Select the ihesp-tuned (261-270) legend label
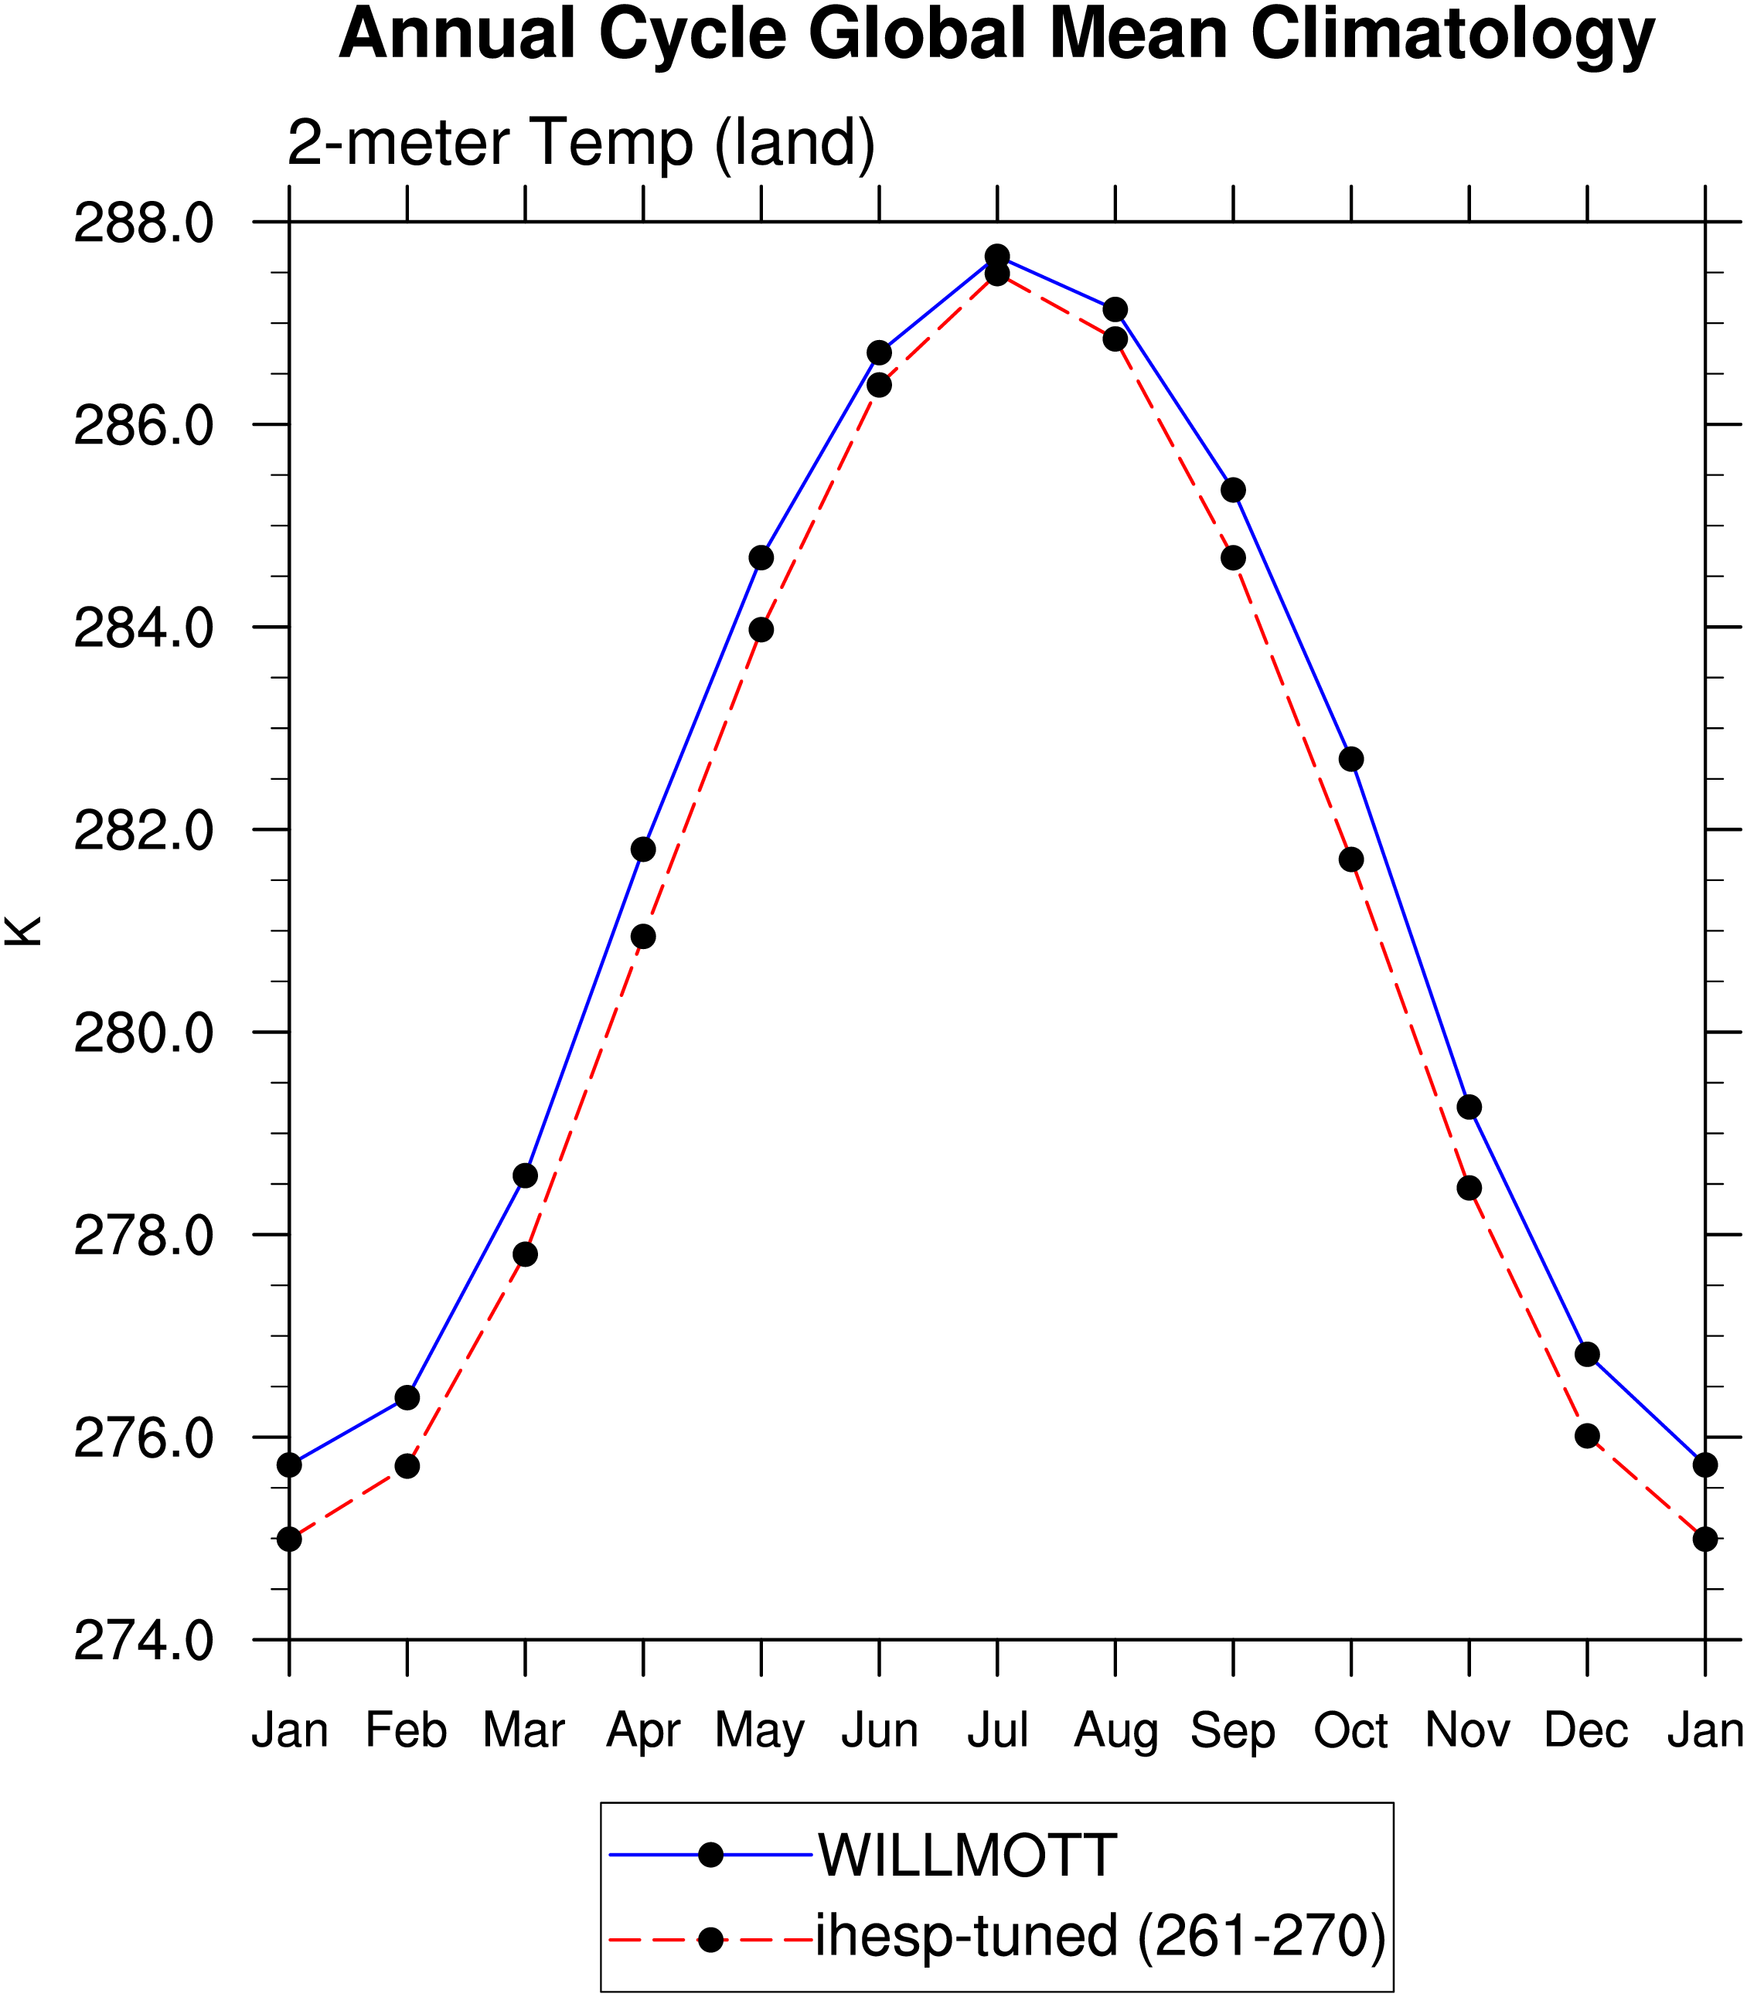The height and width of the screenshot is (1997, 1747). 1101,1936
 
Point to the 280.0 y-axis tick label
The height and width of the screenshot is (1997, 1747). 143,1033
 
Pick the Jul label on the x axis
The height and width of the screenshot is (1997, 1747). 997,1730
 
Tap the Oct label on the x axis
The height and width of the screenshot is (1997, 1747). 1351,1730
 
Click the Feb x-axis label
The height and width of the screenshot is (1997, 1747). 407,1730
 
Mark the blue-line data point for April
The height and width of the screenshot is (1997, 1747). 643,849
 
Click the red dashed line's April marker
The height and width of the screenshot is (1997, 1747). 643,937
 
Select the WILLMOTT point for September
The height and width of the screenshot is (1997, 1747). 1233,489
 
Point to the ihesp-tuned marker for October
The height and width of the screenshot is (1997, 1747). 1351,859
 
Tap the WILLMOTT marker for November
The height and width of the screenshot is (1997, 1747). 1469,1107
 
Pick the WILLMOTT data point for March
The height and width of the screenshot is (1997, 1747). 526,1175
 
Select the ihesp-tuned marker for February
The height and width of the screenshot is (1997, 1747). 407,1466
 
